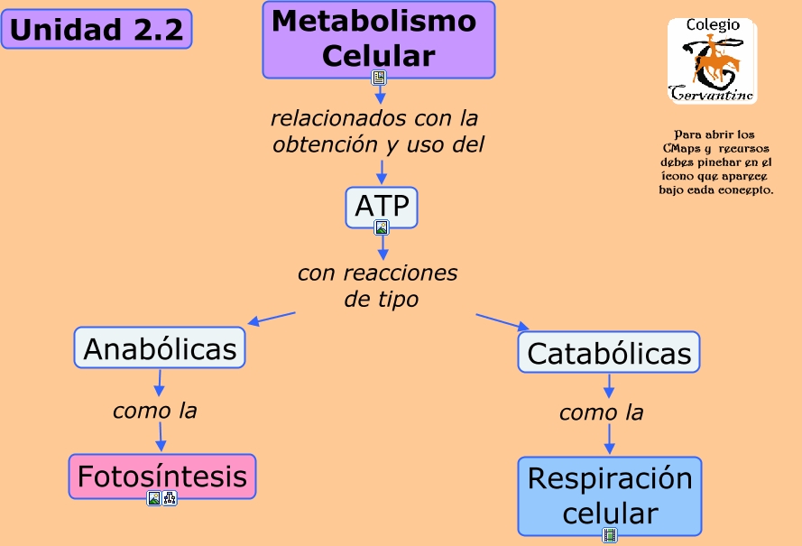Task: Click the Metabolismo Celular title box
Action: tap(379, 40)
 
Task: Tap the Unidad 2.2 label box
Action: tap(97, 29)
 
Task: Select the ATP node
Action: tap(382, 207)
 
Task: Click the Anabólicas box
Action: tap(160, 347)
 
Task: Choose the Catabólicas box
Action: tap(609, 352)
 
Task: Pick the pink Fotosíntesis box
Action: tap(162, 476)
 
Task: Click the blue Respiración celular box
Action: tap(610, 495)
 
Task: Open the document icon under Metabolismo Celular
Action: tap(379, 78)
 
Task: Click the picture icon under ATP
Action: tap(382, 227)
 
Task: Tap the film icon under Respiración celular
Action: tap(610, 535)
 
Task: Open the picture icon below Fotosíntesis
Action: tap(154, 498)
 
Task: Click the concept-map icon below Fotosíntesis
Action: tap(170, 498)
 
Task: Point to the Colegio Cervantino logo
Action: tap(712, 60)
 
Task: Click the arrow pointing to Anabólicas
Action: tap(272, 319)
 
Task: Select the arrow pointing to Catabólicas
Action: tap(502, 322)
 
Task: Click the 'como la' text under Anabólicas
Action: tap(155, 411)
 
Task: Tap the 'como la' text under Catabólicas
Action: tap(602, 412)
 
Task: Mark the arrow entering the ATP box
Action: tap(382, 172)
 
